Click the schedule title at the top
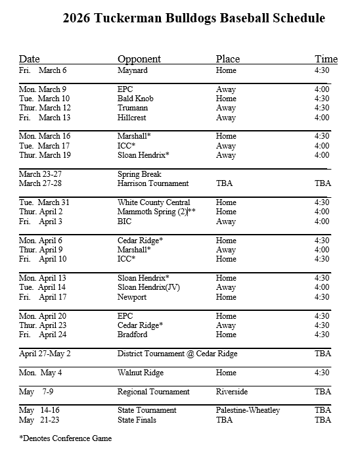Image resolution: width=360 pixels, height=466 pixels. pos(194,18)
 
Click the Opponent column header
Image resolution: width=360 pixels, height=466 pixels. pos(139,59)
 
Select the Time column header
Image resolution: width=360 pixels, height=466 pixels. pos(326,59)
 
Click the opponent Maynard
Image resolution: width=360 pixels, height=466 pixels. pos(133,70)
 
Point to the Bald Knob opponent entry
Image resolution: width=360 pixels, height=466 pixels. pos(135,99)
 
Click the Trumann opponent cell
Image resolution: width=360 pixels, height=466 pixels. pos(132,108)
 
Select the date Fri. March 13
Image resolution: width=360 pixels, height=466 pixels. pos(45,118)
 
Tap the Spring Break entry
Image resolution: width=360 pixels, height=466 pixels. pos(139,174)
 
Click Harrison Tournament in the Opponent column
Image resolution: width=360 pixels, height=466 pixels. pos(153,184)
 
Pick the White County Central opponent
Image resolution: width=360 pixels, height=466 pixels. pos(154,202)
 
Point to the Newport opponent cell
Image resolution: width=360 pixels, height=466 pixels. pos(133,297)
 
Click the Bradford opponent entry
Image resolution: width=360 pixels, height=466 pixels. pos(132,335)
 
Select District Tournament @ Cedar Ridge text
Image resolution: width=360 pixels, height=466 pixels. pos(177,354)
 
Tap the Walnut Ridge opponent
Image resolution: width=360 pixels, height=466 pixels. pos(141,373)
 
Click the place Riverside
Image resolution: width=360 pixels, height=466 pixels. pos(231,392)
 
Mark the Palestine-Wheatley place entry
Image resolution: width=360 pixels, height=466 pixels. pos(248,410)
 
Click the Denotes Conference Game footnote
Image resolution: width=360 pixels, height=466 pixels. pos(65,438)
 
